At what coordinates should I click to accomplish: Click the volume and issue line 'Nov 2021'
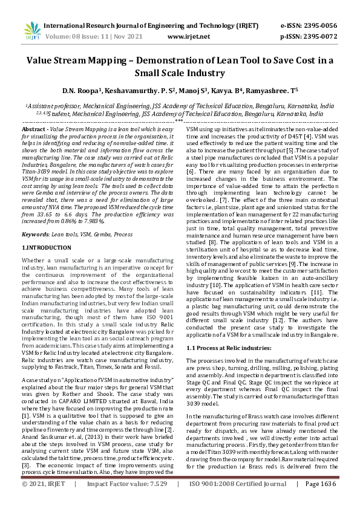point(128,36)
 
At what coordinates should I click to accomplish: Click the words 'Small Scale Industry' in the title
point(180,74)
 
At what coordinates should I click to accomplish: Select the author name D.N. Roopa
point(80,91)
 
